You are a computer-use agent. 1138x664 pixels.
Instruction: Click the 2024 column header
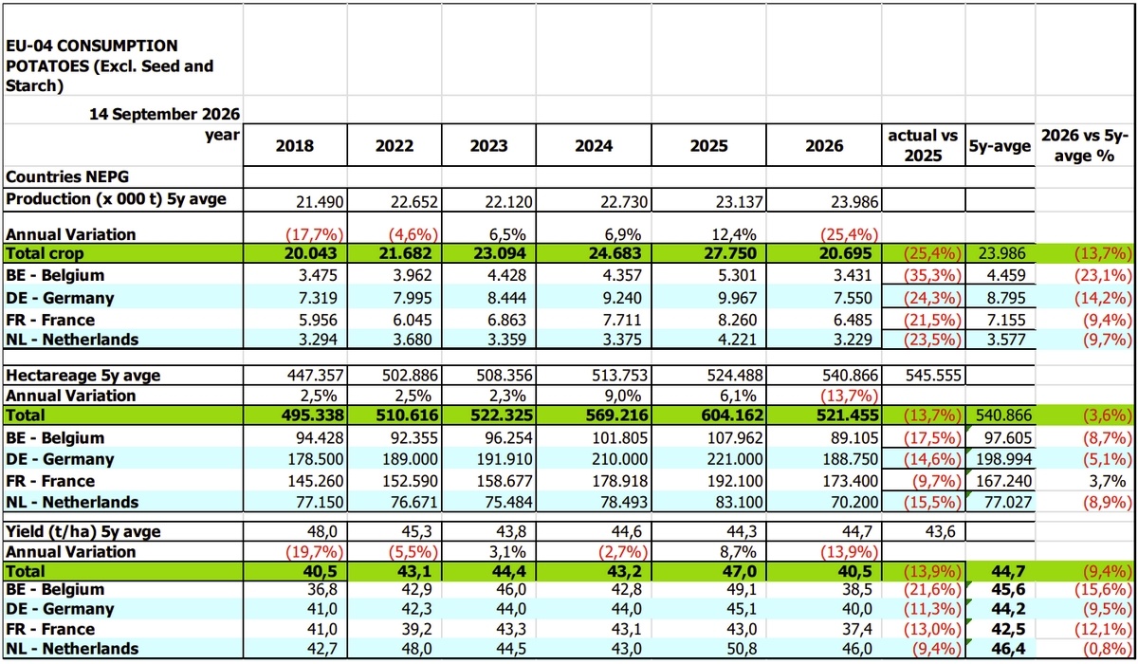[594, 146]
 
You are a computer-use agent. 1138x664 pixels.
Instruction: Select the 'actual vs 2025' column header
[923, 145]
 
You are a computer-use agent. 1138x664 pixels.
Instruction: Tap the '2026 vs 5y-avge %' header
[1085, 145]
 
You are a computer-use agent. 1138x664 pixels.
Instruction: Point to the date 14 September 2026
[165, 114]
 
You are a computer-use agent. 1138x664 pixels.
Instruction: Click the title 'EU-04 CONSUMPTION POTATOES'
[109, 56]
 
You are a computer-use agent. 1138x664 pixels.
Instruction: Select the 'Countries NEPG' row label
[67, 176]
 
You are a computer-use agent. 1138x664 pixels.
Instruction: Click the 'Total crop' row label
[45, 253]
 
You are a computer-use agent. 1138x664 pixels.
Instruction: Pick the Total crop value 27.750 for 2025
[731, 253]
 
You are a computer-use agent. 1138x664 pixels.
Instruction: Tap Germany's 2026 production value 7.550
[852, 298]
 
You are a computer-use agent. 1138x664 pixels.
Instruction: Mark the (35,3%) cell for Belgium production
[931, 275]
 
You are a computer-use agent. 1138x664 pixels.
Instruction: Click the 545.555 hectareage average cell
[933, 376]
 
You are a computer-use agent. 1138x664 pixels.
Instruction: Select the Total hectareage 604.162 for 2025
[732, 415]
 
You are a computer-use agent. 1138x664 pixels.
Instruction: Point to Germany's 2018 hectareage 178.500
[316, 459]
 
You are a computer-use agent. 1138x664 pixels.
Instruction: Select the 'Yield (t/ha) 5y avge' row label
[83, 531]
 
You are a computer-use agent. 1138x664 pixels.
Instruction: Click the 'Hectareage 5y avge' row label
[83, 376]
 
